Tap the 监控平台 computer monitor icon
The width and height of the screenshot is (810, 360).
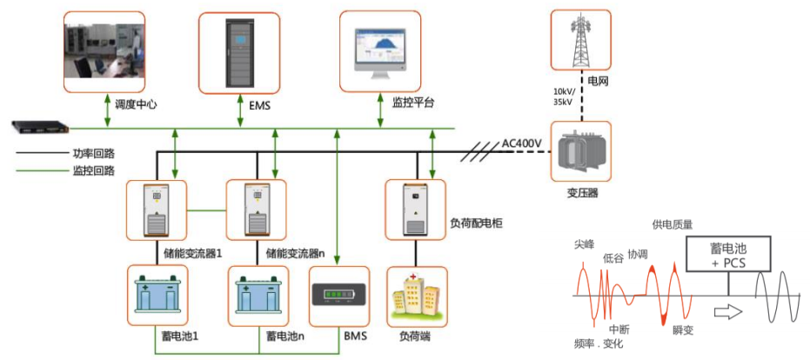click(x=379, y=50)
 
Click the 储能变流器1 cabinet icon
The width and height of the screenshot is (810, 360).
click(x=156, y=210)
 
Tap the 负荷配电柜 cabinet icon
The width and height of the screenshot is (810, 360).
click(x=415, y=210)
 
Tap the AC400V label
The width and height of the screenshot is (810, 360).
click(x=522, y=143)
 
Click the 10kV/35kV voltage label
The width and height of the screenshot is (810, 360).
click(x=566, y=96)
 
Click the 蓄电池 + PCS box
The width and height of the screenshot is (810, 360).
click(x=728, y=255)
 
